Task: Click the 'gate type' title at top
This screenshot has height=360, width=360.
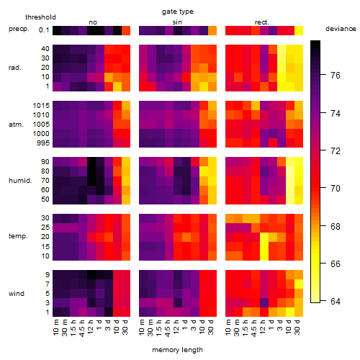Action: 178,12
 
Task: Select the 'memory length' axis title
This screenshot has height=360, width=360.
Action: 177,350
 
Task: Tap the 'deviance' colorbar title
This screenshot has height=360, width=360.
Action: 341,29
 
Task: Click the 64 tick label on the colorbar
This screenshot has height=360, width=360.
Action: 336,301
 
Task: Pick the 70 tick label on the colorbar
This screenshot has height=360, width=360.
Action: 336,189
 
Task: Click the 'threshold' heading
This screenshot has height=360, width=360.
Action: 40,17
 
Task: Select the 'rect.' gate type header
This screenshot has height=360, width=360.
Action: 262,22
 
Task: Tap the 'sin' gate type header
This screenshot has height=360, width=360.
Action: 177,22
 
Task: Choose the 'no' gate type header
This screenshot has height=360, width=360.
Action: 93,22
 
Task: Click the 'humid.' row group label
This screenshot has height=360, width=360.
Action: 20,181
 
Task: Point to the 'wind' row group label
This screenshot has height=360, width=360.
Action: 17,294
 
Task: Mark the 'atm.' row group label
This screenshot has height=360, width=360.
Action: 16,125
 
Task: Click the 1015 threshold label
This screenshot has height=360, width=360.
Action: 41,106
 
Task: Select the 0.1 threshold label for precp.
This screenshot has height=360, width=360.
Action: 44,30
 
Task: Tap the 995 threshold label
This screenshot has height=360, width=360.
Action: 43,143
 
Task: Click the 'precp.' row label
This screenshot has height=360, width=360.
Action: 19,29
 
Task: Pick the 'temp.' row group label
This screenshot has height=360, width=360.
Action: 18,236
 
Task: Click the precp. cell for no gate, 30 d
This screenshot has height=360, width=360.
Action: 126,30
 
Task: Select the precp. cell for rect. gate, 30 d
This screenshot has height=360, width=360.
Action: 299,30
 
